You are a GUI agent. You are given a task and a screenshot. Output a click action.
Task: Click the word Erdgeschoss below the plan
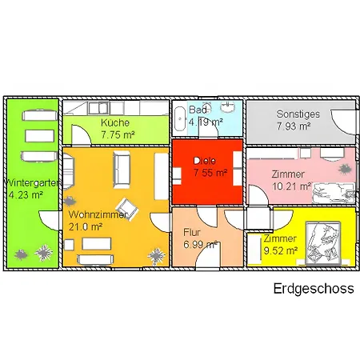(313, 289)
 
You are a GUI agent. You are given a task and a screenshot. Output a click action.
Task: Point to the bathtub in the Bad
(182, 113)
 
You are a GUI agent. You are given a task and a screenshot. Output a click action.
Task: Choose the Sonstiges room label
(298, 114)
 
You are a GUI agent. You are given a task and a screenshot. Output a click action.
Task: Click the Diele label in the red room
(206, 160)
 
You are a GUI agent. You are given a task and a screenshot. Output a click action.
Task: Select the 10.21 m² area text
(292, 187)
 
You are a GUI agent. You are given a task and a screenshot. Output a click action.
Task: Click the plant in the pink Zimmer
(346, 169)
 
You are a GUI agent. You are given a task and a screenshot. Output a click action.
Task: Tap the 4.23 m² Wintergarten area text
(26, 194)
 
